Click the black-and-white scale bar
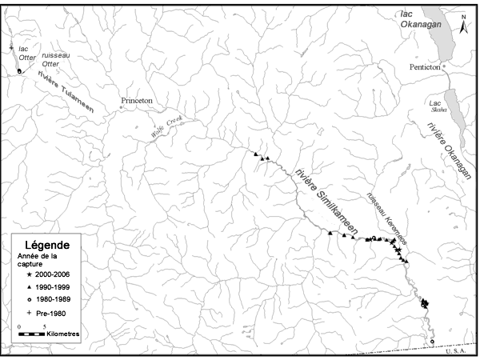click(32, 334)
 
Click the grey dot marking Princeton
click(122, 107)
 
